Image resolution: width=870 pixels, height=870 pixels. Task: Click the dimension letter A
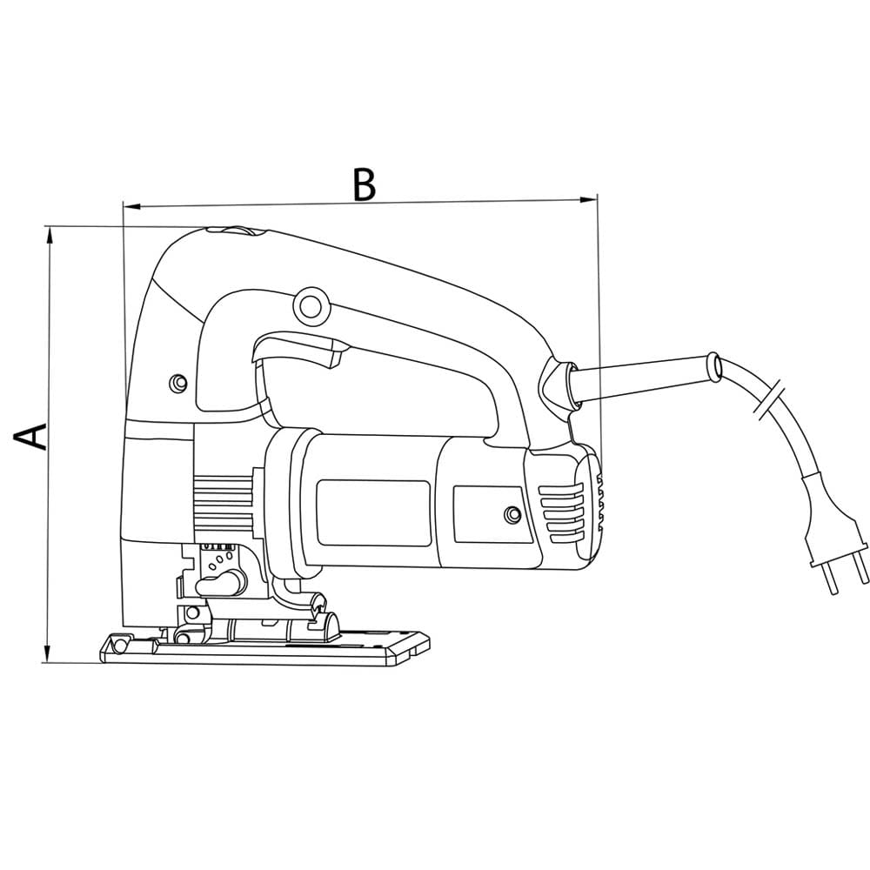click(33, 436)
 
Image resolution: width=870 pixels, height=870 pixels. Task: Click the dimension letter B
click(364, 184)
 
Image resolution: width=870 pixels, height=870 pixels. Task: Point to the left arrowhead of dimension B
click(128, 206)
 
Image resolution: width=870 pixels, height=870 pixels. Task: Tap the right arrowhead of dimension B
click(593, 200)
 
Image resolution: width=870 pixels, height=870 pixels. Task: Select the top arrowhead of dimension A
click(50, 231)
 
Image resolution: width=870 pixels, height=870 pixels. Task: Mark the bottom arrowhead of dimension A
click(50, 657)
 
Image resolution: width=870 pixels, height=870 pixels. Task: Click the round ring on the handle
click(309, 304)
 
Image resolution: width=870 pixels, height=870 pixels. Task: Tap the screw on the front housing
click(178, 382)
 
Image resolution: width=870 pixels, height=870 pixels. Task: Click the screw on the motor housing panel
click(512, 516)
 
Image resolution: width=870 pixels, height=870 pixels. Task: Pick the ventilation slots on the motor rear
click(561, 513)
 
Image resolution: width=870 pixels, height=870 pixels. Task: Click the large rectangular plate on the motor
click(372, 513)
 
